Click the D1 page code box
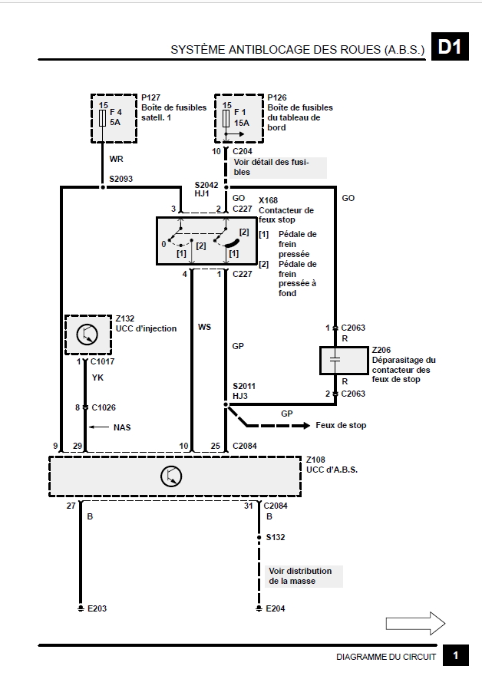450,46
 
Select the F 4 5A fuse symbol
103,117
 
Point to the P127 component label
150,97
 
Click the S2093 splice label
121,179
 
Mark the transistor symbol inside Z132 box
87,335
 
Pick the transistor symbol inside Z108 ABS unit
171,476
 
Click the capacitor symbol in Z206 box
335,360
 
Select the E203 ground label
97,608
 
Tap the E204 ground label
276,608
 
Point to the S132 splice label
276,537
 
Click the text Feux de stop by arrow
341,425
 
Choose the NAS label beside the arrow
122,427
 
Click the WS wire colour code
204,327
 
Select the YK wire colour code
97,377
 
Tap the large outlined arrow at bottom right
415,623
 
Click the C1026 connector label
104,407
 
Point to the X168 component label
268,200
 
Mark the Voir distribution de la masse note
301,575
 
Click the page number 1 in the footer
456,655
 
